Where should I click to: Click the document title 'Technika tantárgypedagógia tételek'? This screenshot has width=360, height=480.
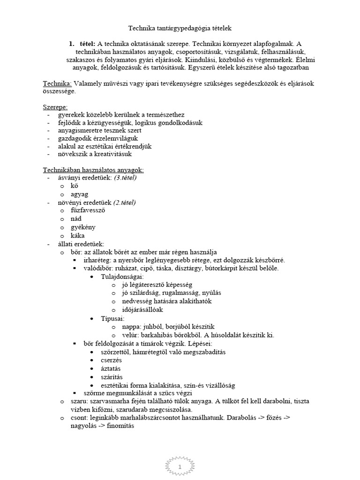[180, 29]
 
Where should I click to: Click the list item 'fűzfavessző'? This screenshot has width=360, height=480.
[88, 210]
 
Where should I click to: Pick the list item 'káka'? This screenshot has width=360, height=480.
[78, 235]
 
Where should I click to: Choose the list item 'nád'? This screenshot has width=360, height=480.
[77, 219]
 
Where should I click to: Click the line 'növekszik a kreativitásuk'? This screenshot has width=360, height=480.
[95, 154]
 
